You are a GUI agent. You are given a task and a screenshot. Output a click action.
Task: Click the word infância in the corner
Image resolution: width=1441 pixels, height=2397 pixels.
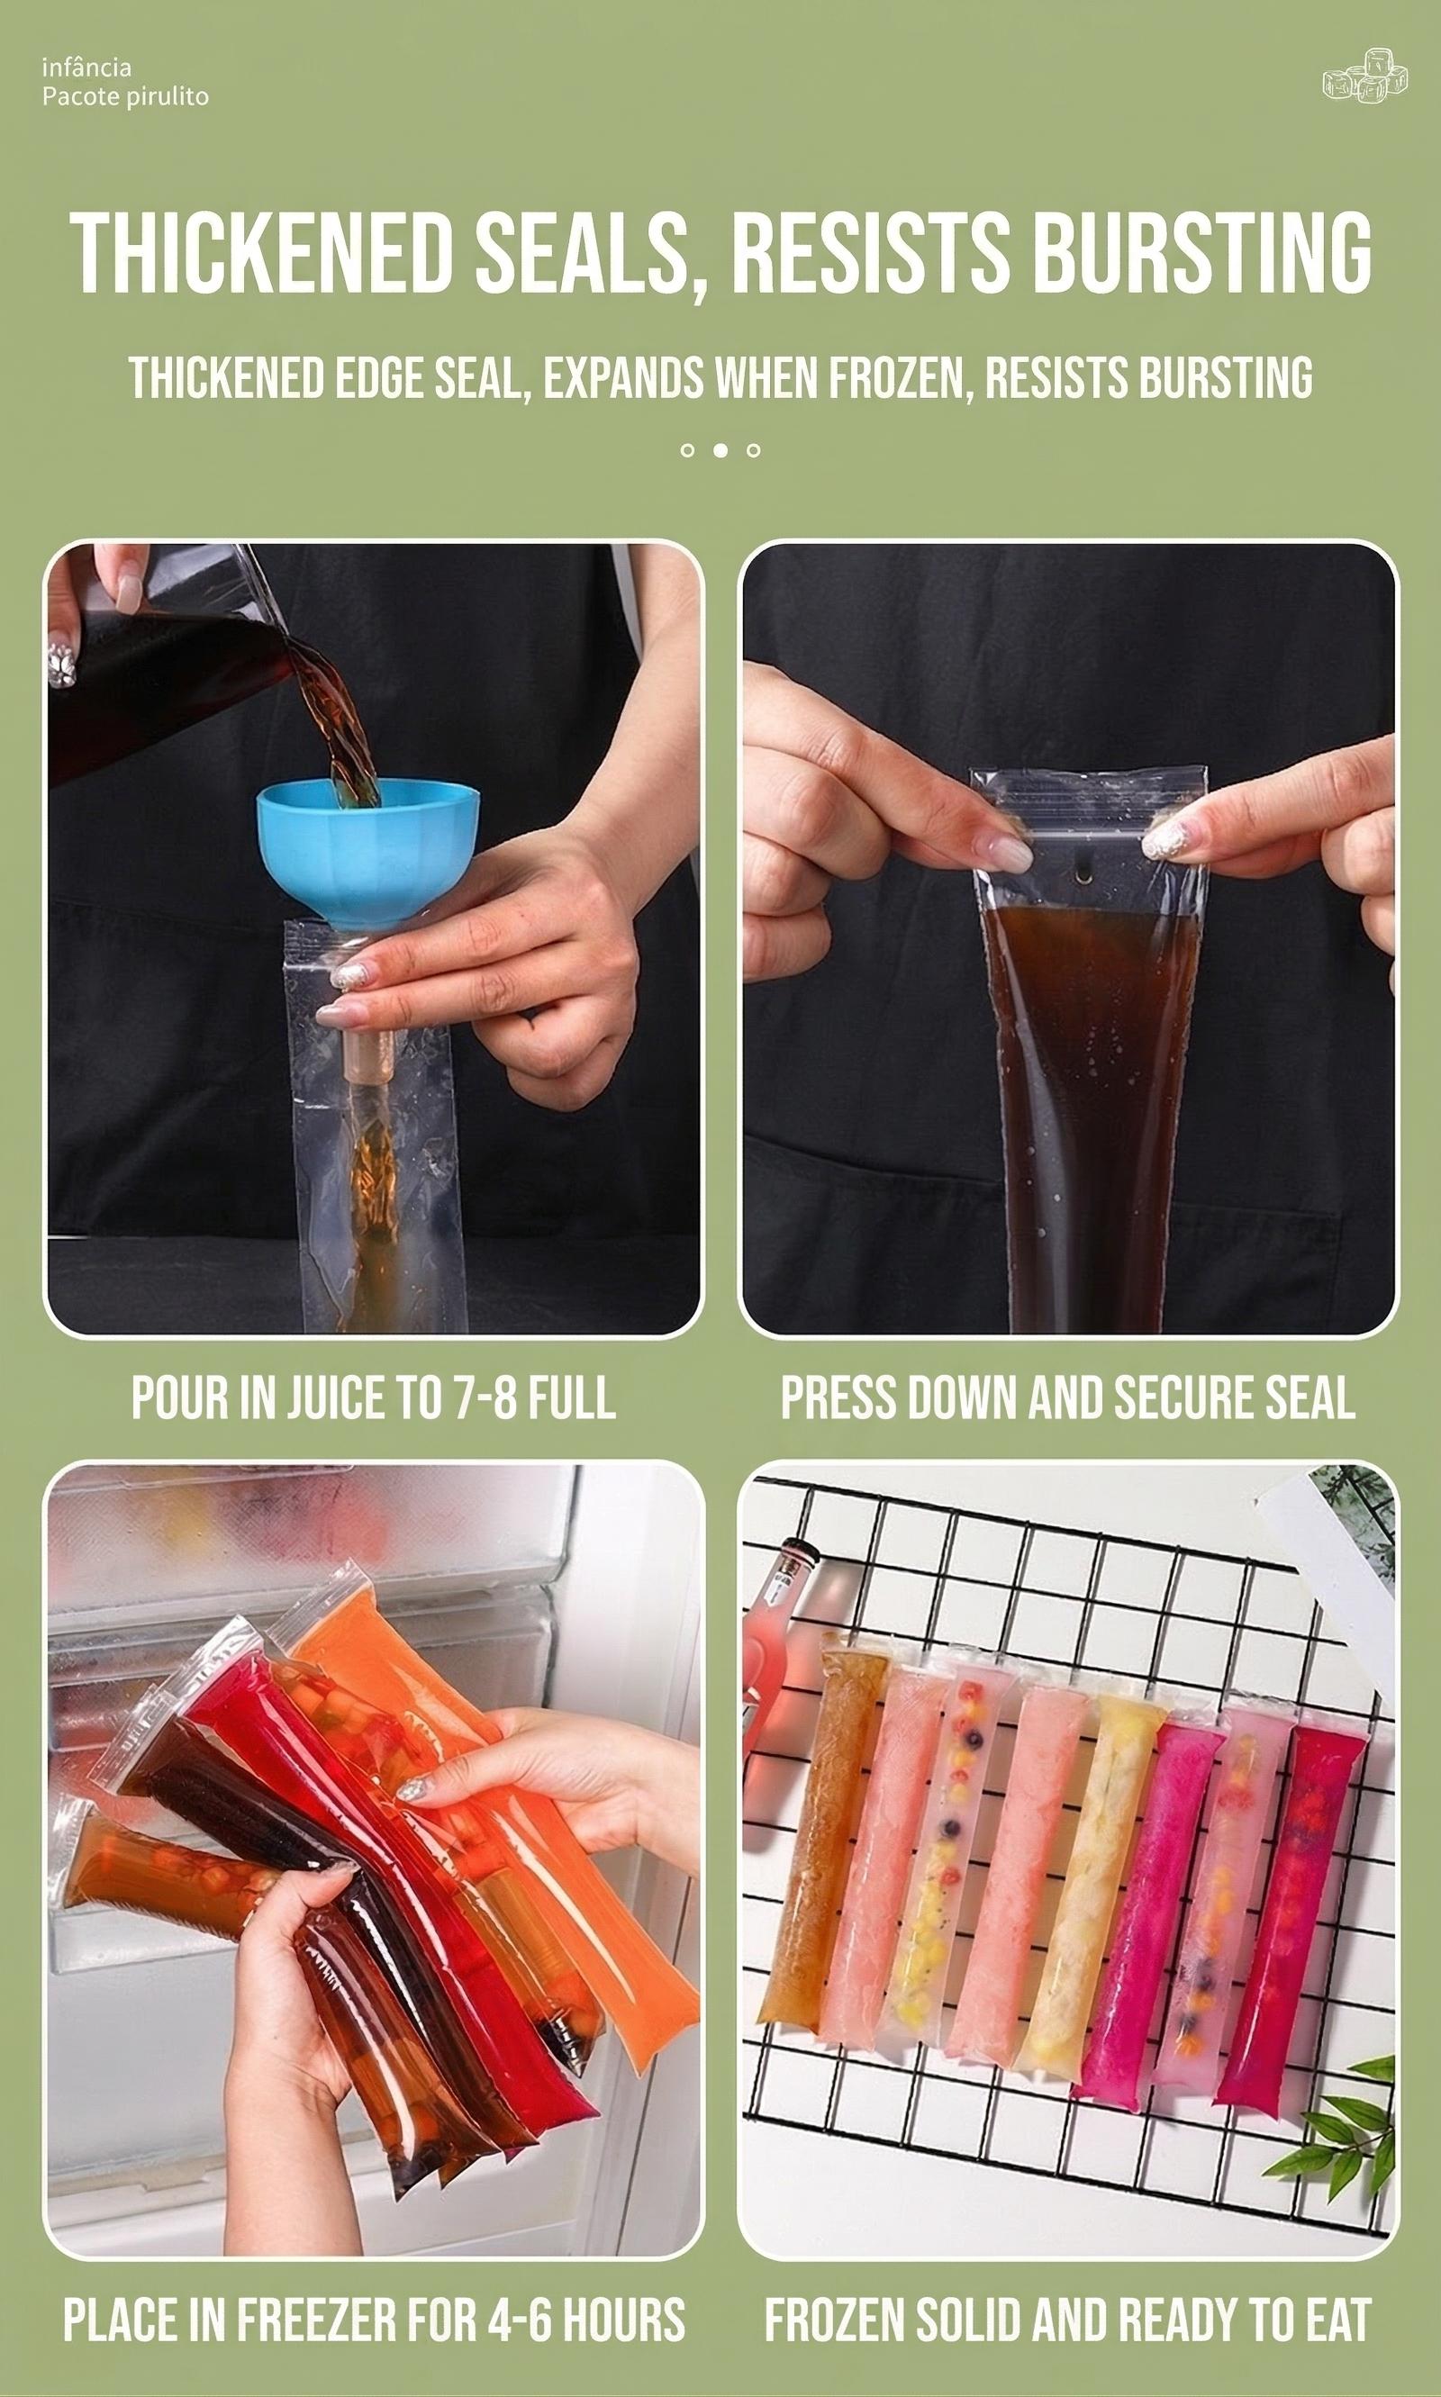pyautogui.click(x=86, y=67)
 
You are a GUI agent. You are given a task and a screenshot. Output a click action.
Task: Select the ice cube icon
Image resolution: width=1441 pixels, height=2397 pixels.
pyautogui.click(x=1365, y=76)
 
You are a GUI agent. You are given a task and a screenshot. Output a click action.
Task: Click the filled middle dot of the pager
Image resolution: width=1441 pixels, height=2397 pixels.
pyautogui.click(x=720, y=450)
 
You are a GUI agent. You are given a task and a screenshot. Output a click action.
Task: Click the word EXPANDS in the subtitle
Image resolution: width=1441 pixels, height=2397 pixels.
pyautogui.click(x=622, y=377)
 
